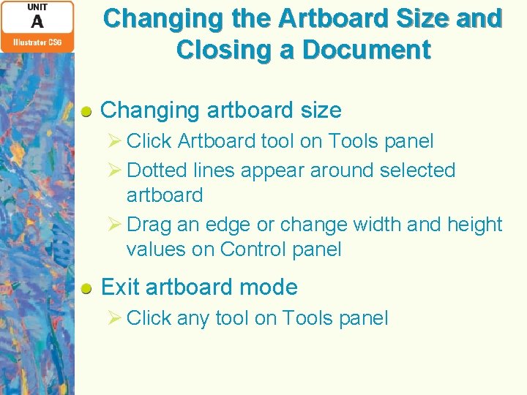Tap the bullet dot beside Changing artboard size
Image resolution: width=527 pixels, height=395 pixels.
(x=86, y=111)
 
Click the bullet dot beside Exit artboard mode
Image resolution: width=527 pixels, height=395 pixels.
(x=86, y=288)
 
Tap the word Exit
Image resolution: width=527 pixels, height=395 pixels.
(x=120, y=287)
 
